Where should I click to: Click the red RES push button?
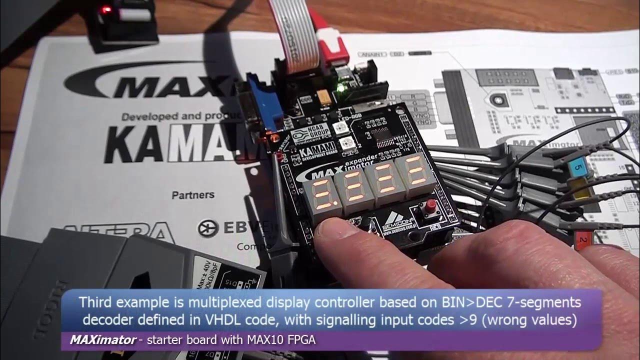pyautogui.click(x=429, y=206)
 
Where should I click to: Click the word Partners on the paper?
pyautogui.click(x=193, y=194)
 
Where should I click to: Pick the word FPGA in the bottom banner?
pyautogui.click(x=301, y=340)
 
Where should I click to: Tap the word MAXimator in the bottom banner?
pyautogui.click(x=102, y=340)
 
